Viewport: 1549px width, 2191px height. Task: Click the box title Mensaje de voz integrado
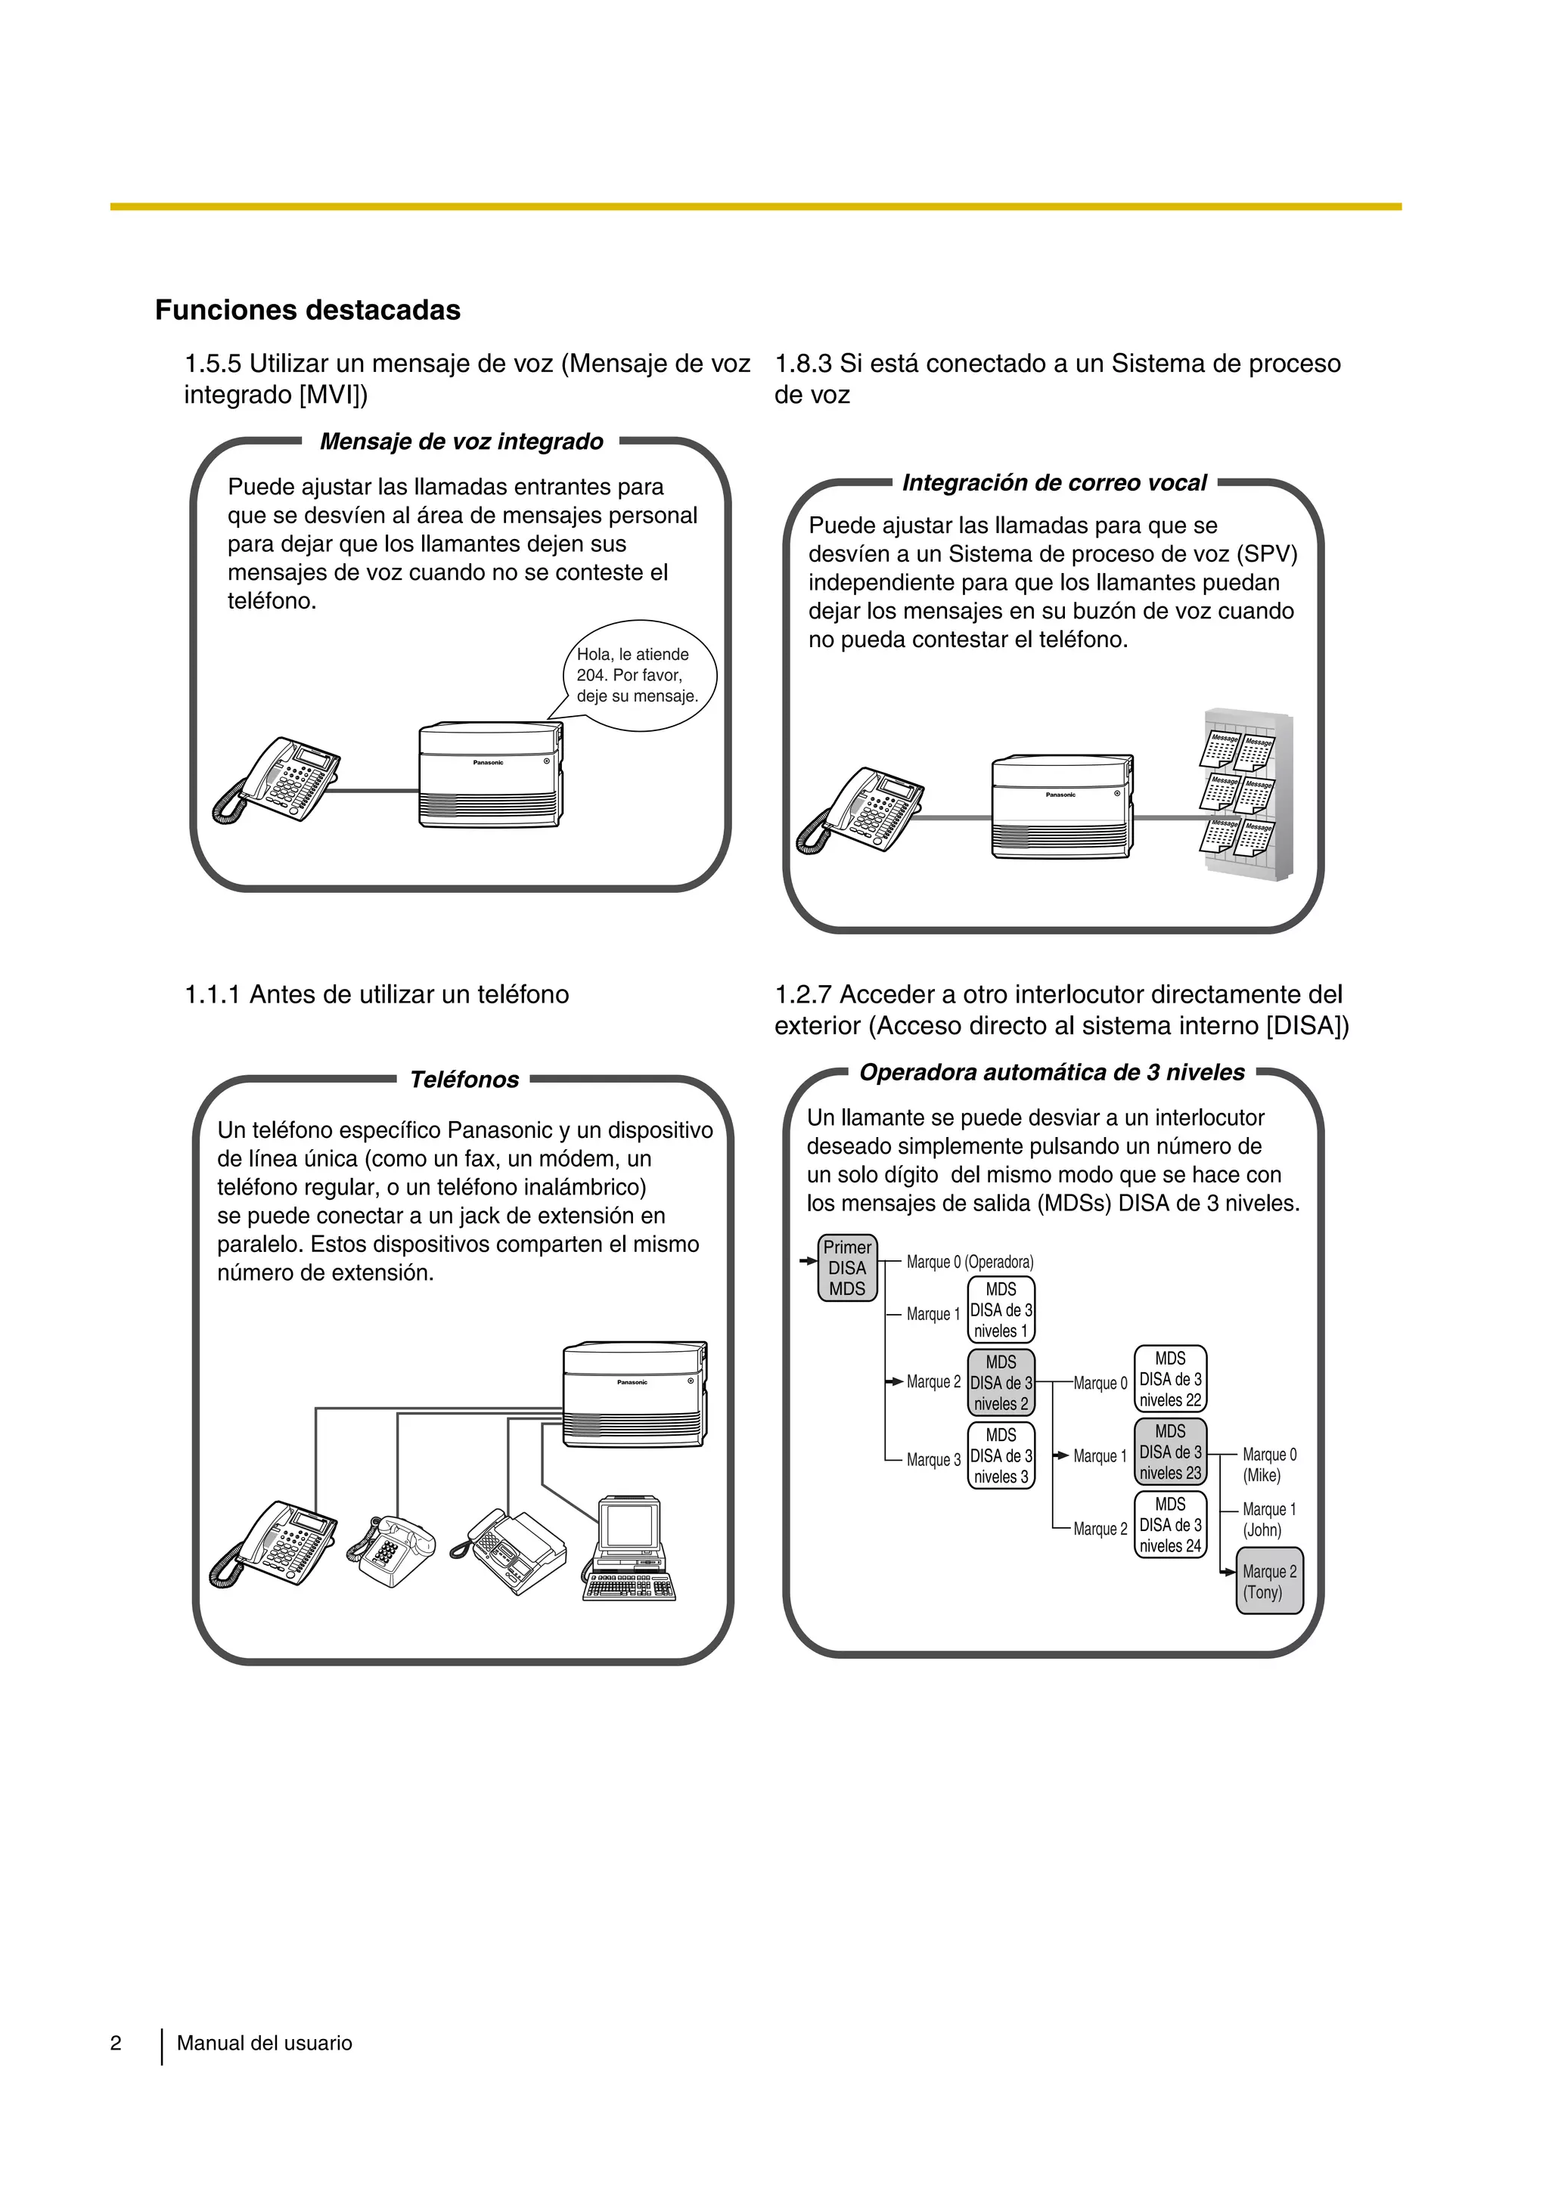pos(461,442)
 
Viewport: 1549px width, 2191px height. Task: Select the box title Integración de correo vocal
pos(1054,483)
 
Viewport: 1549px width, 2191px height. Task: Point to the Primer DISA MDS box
pos(846,1268)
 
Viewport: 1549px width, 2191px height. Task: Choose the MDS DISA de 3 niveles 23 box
pos(1170,1452)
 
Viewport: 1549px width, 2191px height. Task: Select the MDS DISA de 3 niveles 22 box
pos(1170,1380)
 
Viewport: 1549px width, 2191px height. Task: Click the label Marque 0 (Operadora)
pos(969,1263)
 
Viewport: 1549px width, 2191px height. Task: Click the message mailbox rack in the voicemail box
pos(1246,794)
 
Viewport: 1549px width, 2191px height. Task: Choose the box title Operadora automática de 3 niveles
pos(1052,1073)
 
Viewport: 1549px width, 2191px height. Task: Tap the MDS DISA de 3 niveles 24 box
pos(1170,1525)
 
